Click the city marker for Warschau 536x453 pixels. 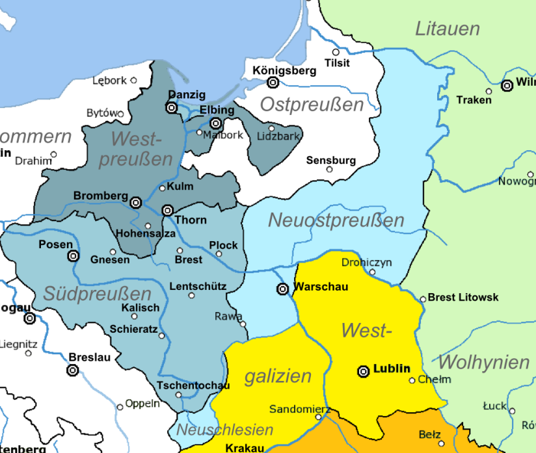point(283,289)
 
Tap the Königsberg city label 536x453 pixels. point(284,71)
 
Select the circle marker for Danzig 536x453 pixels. point(172,108)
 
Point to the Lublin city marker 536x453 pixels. point(364,371)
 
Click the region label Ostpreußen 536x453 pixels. point(312,105)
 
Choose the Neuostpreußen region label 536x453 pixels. point(336,220)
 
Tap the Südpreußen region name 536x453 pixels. point(98,294)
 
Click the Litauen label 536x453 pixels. point(448,29)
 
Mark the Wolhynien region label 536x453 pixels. point(484,362)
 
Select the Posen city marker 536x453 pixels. point(74,256)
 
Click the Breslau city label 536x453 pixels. point(90,357)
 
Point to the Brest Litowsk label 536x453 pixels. point(464,297)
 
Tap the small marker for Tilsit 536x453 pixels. point(336,52)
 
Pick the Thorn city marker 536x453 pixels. point(167,210)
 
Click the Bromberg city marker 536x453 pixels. point(136,203)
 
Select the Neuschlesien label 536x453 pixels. point(225,430)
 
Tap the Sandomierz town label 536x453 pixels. point(300,409)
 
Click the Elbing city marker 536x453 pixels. point(215,123)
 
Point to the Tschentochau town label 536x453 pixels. point(193,385)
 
